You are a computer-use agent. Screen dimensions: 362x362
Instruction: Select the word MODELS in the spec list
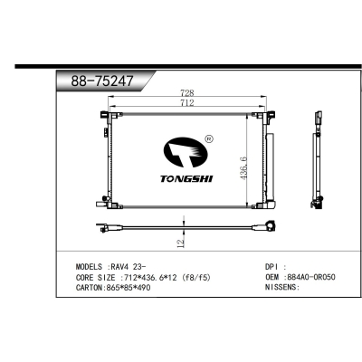(91, 268)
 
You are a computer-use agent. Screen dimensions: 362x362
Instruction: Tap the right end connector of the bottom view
(269, 228)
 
